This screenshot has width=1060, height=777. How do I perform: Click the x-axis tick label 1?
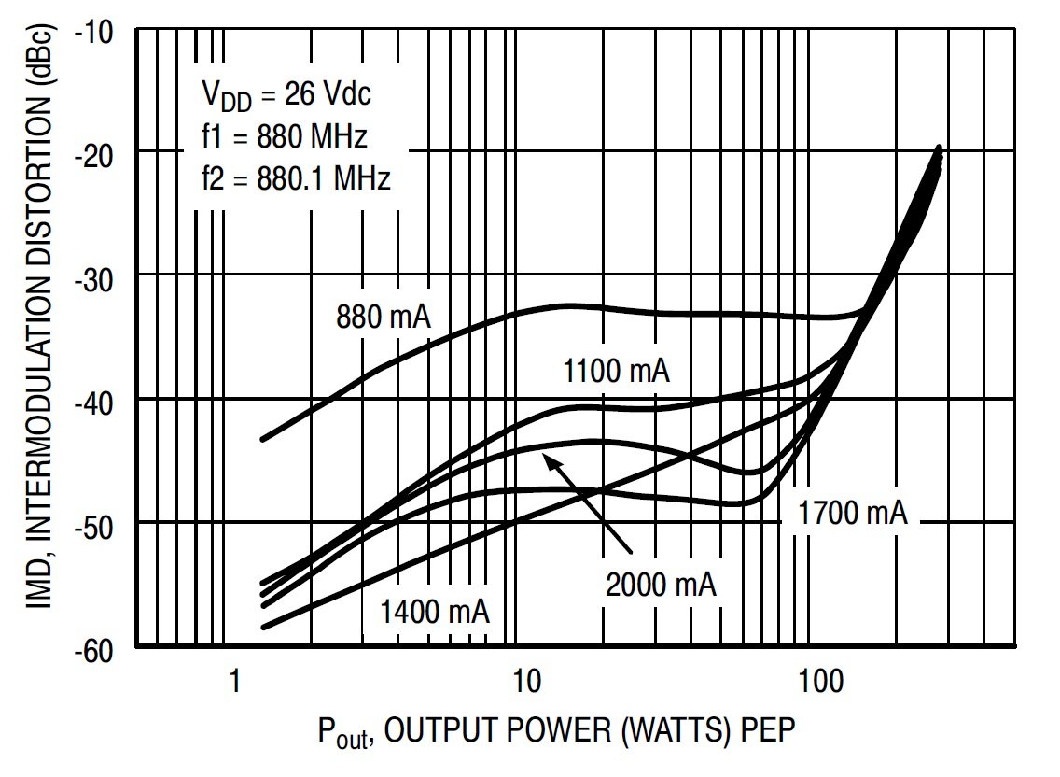pos(235,680)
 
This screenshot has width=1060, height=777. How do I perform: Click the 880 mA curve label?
pos(383,318)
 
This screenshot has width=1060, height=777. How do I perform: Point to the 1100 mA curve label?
pos(616,372)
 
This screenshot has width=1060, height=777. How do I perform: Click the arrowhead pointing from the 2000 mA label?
pos(549,457)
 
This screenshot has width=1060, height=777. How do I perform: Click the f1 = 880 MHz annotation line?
pos(284,136)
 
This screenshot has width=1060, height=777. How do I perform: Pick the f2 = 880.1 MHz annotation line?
pos(295,177)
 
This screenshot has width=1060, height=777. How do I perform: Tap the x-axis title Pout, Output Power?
pos(557,729)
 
